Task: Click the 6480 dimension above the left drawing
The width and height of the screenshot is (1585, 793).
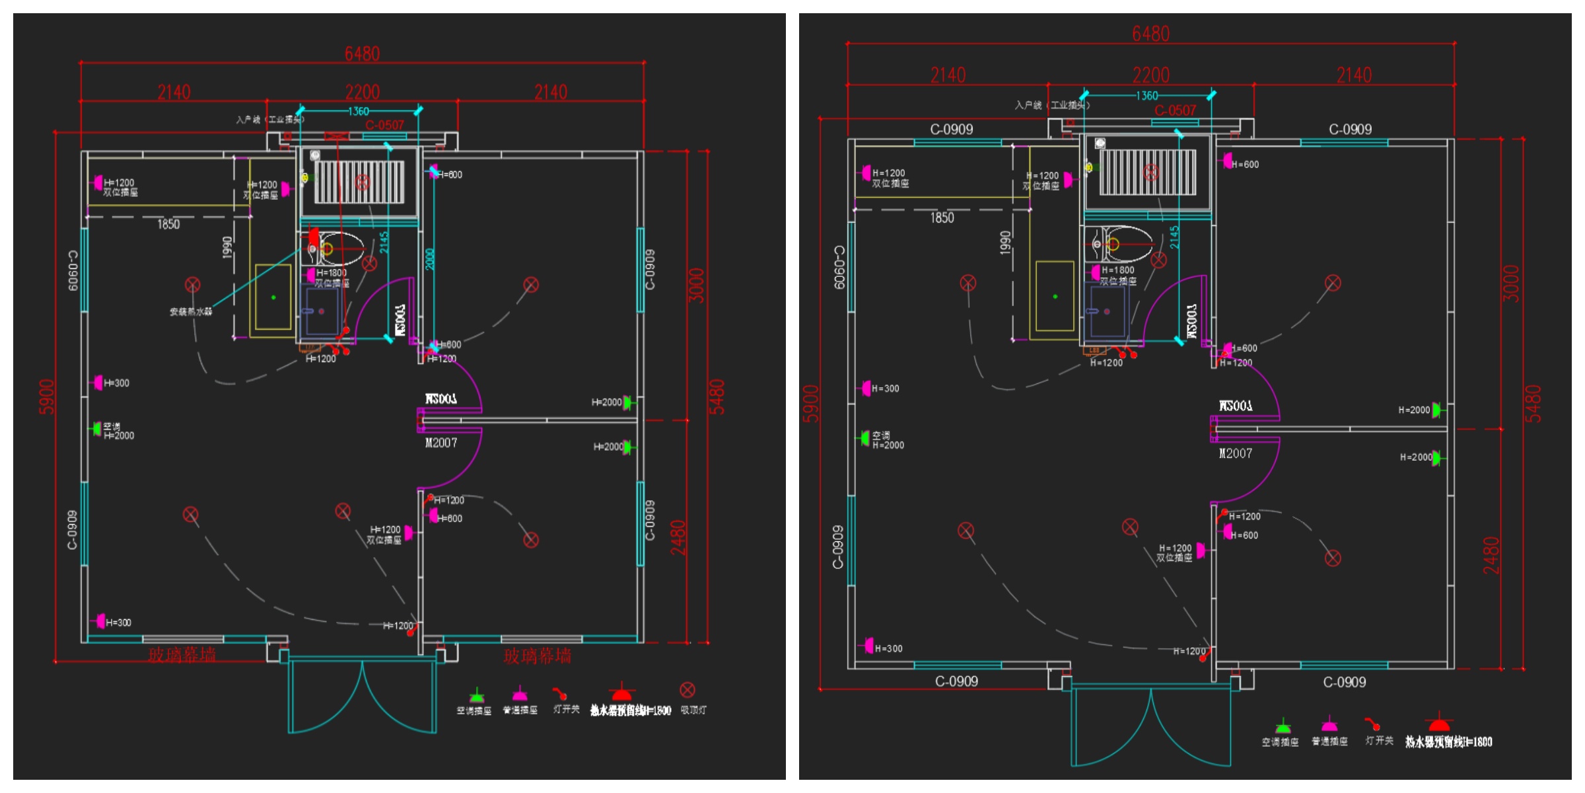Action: pos(362,54)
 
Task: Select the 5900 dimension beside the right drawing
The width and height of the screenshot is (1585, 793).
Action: pos(810,404)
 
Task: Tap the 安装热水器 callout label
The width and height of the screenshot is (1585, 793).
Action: pos(191,312)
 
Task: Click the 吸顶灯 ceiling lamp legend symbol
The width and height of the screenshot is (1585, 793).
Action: pos(687,690)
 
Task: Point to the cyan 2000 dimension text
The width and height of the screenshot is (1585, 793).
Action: pos(430,259)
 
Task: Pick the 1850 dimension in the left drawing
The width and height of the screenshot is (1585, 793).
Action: pos(168,225)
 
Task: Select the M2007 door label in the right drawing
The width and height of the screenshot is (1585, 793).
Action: pos(1235,453)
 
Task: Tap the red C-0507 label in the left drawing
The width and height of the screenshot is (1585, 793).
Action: pos(384,125)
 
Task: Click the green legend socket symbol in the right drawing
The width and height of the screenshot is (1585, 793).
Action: pos(1283,726)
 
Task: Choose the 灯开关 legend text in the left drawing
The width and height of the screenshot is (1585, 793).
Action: pos(566,710)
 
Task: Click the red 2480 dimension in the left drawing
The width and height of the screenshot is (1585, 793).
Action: pos(678,537)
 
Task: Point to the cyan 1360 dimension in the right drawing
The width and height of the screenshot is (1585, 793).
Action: pos(1146,96)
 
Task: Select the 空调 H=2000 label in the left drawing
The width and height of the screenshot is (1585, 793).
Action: pos(118,431)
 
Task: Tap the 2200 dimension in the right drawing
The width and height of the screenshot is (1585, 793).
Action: pos(1150,75)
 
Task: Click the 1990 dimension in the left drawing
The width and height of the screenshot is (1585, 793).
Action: pos(227,247)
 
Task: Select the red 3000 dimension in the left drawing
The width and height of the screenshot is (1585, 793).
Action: pos(697,285)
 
